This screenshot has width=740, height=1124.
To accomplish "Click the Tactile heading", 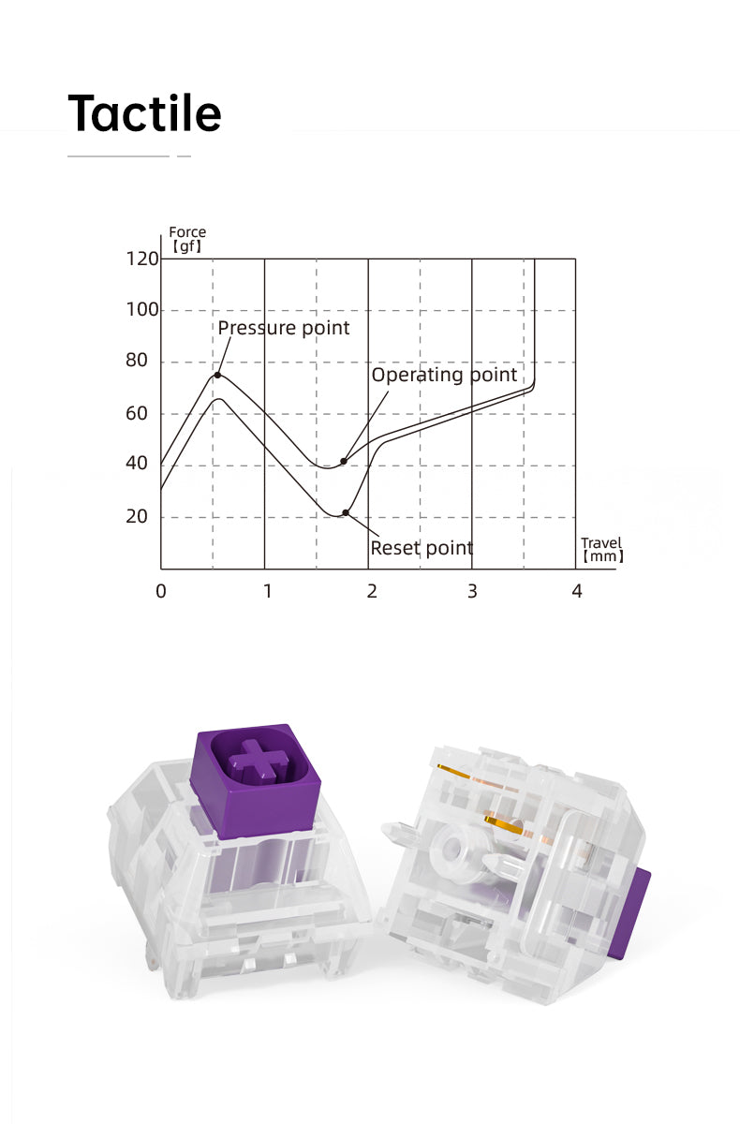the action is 144,112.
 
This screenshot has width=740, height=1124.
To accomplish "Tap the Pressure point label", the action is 284,328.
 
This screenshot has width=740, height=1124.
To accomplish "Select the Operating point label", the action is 444,375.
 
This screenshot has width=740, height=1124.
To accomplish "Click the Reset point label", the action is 422,548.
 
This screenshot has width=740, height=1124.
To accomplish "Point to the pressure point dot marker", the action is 217,375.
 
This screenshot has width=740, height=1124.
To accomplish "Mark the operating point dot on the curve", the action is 344,461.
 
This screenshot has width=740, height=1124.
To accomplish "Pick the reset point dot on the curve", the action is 346,512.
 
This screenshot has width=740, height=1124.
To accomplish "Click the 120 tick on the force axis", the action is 142,259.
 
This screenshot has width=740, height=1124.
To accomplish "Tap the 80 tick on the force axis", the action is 137,361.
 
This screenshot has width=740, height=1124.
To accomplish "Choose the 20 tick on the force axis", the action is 137,516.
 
